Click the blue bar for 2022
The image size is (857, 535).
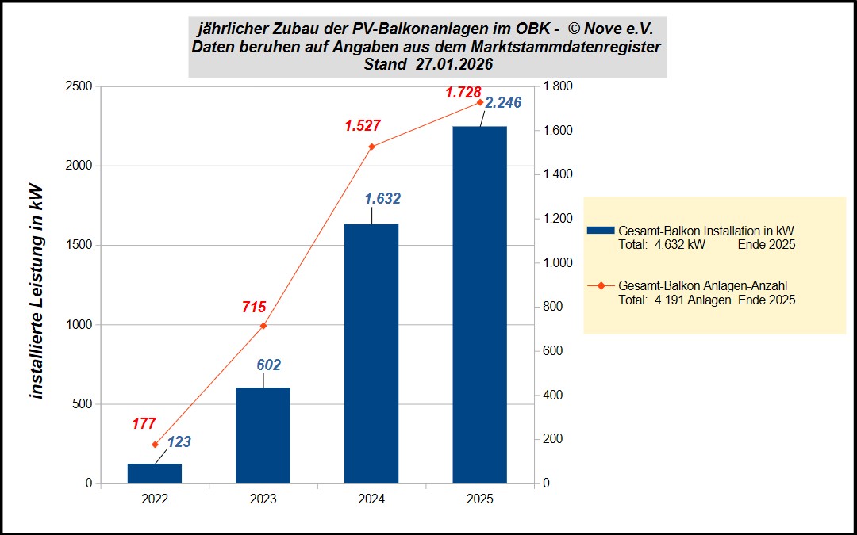155,473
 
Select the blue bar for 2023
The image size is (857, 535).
263,435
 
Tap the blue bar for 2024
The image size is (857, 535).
371,353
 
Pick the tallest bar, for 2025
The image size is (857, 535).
479,304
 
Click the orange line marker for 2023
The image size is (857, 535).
263,326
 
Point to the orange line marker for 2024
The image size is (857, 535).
371,147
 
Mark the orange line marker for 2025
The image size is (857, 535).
479,102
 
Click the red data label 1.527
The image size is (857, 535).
363,125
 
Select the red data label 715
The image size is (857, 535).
254,308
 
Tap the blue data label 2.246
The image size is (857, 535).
503,103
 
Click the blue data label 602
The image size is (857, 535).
268,365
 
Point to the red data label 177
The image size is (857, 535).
144,424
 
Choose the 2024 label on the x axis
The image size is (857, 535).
371,499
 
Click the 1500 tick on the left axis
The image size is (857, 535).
78,245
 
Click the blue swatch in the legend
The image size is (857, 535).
600,230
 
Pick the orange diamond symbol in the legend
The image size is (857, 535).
600,285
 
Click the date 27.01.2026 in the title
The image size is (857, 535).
454,64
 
